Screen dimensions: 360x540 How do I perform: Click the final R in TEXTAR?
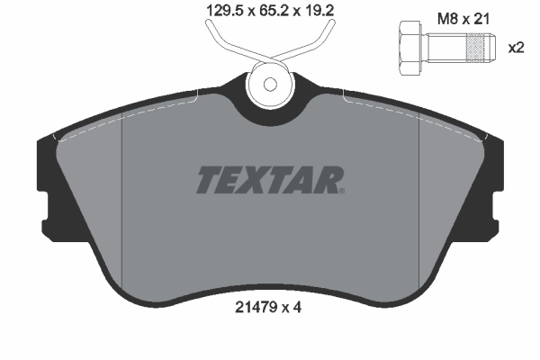pos(329,179)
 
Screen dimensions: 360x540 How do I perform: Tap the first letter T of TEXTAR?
pos(206,179)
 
